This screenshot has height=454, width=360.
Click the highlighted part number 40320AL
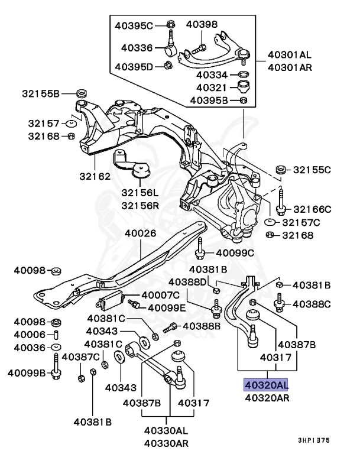pos(265,385)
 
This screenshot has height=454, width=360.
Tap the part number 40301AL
pos(289,55)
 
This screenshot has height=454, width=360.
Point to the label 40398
pos(202,24)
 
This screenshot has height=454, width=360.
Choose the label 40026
pos(140,233)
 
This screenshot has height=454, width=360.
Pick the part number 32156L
pos(141,192)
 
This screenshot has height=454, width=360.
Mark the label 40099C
pos(235,253)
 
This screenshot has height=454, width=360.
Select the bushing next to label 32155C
pos(281,170)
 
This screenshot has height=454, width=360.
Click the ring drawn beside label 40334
pos(242,75)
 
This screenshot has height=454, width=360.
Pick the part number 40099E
pos(166,307)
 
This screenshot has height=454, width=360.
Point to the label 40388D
pos(189,281)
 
